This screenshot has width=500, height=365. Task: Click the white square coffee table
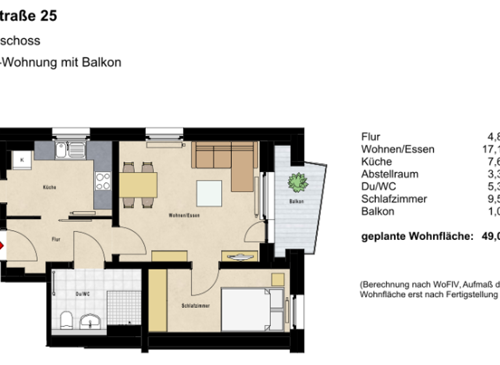click(x=210, y=193)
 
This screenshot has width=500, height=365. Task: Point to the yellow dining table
click(x=138, y=184)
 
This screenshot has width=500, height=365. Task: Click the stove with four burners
click(x=104, y=181)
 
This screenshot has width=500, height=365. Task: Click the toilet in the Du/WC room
click(x=66, y=321)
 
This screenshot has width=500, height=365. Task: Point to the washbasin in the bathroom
click(x=89, y=321)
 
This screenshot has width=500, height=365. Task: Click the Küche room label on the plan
click(x=49, y=188)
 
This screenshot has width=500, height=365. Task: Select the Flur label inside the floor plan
click(x=56, y=240)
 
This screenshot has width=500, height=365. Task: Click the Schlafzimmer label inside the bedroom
click(x=195, y=306)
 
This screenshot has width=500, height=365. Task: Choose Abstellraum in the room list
click(x=389, y=174)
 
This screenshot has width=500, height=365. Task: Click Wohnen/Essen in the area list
click(x=397, y=149)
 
